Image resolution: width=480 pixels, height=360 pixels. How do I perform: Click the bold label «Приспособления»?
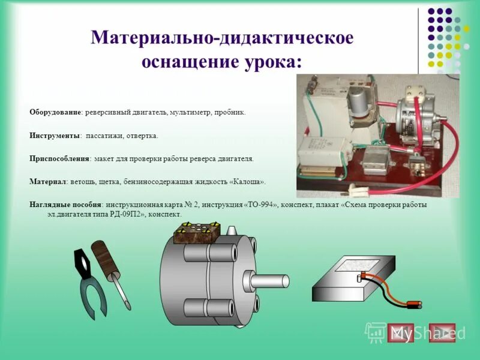(59, 160)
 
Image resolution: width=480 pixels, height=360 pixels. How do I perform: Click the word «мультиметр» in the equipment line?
(190, 112)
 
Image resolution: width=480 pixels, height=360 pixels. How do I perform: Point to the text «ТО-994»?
(260, 205)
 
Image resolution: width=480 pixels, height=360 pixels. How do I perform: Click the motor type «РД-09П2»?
(127, 214)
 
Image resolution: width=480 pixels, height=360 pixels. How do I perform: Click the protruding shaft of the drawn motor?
(270, 281)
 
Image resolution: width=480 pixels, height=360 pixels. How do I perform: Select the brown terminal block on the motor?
(197, 232)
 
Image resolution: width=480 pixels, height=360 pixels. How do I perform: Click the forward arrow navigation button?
(443, 333)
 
